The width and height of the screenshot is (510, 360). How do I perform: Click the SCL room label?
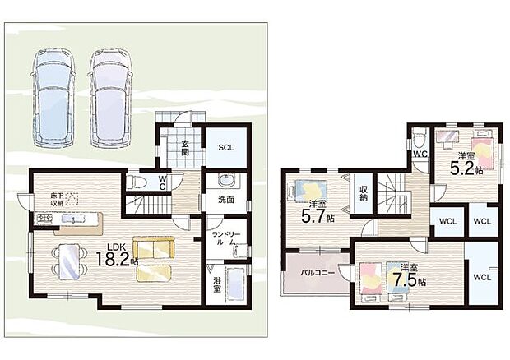pos(226,147)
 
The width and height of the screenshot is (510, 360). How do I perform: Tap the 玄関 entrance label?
pos(185,148)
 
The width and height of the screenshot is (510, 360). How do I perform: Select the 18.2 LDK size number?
pos(113,260)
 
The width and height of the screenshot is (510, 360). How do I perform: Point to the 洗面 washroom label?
pos(226,200)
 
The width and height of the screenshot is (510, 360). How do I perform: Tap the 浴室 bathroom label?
pos(217,285)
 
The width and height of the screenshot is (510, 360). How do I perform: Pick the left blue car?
pos(54,98)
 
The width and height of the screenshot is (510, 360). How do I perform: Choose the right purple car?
pos(111,98)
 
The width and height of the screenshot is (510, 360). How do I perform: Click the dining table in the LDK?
pos(70,261)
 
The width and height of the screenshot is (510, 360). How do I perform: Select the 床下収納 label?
pos(57,200)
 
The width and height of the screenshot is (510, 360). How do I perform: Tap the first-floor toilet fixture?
pos(135,182)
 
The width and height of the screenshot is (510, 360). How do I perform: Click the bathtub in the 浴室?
pos(234,284)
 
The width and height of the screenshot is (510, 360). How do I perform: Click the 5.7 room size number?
pos(314,217)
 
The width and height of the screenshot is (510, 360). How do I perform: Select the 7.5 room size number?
pos(405,279)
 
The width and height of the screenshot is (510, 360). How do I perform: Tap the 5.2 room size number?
pos(462,168)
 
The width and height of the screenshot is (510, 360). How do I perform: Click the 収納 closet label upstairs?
pos(364,193)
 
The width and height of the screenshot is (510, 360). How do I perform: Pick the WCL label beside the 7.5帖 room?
pos(482,278)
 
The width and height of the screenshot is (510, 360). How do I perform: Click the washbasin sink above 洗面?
pos(225,180)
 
